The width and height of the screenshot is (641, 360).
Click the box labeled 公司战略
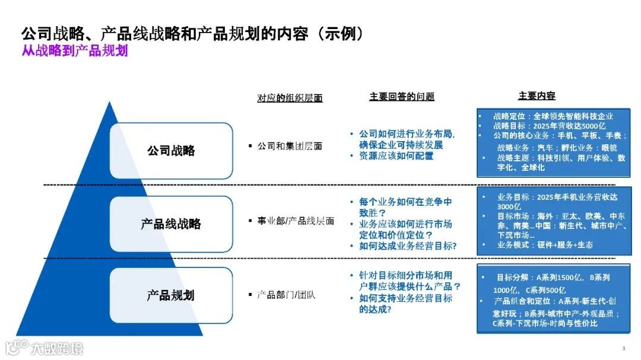coord(171,151)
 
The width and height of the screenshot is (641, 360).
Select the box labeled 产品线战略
coord(171,224)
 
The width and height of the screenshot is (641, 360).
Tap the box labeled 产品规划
coord(171,295)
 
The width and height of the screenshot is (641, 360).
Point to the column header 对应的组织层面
coord(290,98)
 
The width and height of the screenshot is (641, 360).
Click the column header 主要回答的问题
coord(402,97)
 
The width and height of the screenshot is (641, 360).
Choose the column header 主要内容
coord(537,96)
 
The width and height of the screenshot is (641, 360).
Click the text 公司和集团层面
coord(290,146)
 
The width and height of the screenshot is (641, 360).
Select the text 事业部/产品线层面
coord(296,221)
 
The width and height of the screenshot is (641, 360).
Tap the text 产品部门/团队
coord(286,294)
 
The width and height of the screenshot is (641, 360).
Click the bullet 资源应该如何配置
coord(396,156)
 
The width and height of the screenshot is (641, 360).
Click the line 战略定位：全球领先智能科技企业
coord(553,116)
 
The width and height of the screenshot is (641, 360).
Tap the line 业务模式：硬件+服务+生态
coord(544,244)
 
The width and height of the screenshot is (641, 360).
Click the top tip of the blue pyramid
coord(109,103)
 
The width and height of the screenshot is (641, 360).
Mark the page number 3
coord(623,348)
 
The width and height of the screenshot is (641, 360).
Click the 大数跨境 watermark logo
coord(45,348)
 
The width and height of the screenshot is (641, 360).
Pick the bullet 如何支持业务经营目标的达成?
coord(405,303)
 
